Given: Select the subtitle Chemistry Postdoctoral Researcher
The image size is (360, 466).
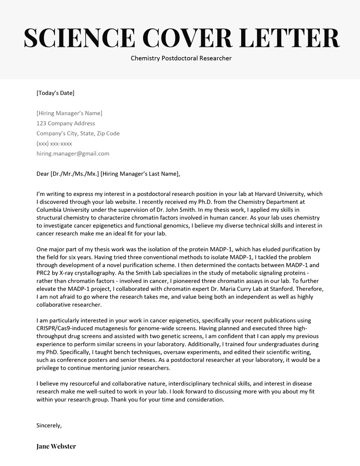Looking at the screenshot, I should pos(181,58).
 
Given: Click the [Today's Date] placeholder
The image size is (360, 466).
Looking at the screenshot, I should pos(55,93).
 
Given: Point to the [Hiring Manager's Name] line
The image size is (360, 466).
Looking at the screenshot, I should pos(69,113).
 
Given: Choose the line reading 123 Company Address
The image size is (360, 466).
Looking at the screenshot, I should pos(66,123).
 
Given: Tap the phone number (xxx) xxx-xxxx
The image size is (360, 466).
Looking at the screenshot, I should pos(54,144).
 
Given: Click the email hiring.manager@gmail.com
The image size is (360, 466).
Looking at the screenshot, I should pos(73,154).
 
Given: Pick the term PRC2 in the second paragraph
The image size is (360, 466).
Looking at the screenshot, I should pos(44,273).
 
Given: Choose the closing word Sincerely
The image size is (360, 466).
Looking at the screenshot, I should pos(49,425).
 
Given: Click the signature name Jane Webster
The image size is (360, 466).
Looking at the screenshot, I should pos(56,446).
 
